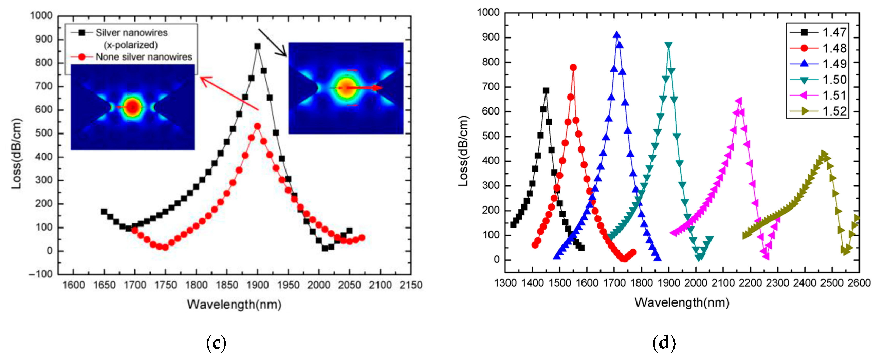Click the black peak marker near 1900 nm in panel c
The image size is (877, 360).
pos(257,46)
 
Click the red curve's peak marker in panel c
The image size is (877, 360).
pos(257,126)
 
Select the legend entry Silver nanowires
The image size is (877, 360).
pos(131,33)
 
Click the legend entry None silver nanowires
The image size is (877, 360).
pos(143,57)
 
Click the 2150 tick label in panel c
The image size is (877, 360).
pos(411,285)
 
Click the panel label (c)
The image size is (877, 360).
pos(216,343)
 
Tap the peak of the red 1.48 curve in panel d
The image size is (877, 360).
pos(573,67)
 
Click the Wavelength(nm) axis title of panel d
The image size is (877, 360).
pos(682,302)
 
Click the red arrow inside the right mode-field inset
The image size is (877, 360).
pos(364,88)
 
